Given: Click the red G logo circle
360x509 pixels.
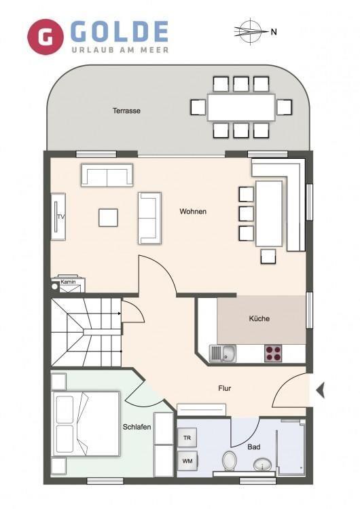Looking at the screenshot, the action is pyautogui.click(x=45, y=37).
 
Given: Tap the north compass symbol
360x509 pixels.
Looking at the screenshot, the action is pyautogui.click(x=251, y=31).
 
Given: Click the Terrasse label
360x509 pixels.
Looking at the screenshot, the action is pyautogui.click(x=127, y=111).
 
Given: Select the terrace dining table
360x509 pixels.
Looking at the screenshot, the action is pyautogui.click(x=241, y=107).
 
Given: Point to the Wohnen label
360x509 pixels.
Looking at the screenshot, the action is pyautogui.click(x=193, y=212).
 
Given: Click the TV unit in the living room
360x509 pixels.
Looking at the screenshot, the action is pyautogui.click(x=58, y=216).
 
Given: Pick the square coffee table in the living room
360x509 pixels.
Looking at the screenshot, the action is pyautogui.click(x=108, y=217).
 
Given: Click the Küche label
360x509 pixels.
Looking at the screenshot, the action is pyautogui.click(x=259, y=318).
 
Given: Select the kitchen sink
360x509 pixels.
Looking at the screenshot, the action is pyautogui.click(x=223, y=353).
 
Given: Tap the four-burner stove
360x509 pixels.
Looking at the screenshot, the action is pyautogui.click(x=273, y=354).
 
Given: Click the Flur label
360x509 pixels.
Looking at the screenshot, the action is pyautogui.click(x=225, y=388).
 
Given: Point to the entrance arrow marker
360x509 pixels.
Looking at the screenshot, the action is pyautogui.click(x=321, y=390).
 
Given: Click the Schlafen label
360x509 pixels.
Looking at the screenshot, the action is pyautogui.click(x=137, y=427).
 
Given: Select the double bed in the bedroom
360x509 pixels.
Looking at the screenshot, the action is pyautogui.click(x=86, y=423).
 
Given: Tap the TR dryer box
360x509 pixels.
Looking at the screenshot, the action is pyautogui.click(x=187, y=438).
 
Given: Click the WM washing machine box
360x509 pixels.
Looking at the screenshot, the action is pyautogui.click(x=187, y=461).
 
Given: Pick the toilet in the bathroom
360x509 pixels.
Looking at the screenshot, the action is pyautogui.click(x=229, y=460).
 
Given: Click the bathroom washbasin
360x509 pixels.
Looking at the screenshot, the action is pyautogui.click(x=262, y=464).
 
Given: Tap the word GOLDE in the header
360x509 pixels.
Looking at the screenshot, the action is pyautogui.click(x=120, y=31).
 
